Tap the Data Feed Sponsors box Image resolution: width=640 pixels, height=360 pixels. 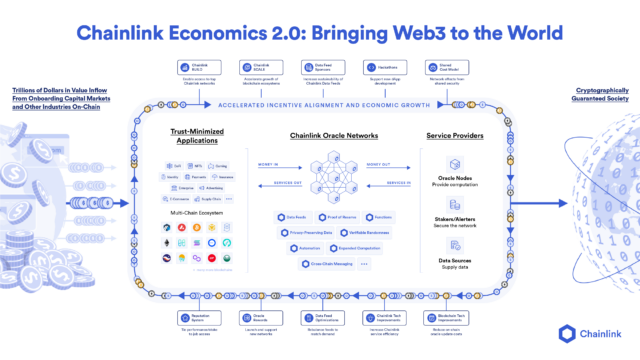point(315,68)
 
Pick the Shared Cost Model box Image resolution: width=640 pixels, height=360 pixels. point(436,68)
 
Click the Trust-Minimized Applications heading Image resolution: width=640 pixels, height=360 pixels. point(194,135)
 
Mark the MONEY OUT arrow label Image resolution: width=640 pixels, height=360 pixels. point(378,166)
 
